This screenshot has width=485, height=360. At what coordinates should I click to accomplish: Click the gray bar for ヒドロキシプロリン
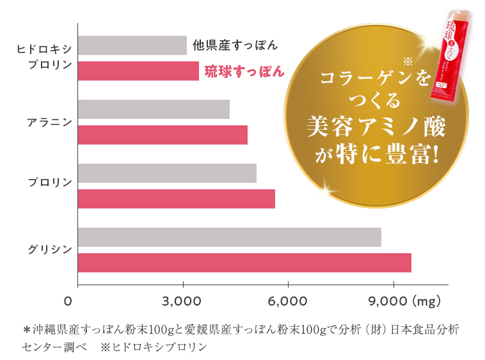tap(132, 45)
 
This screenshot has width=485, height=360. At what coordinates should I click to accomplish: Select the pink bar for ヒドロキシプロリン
tap(138, 71)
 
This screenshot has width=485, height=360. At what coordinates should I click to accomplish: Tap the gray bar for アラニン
tap(154, 109)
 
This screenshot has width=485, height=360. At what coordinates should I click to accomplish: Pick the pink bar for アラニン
tap(163, 135)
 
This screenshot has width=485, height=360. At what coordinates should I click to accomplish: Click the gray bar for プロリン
tap(167, 173)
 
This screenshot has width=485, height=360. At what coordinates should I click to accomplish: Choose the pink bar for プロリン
tap(176, 199)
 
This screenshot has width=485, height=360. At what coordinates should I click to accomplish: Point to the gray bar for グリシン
tap(229, 237)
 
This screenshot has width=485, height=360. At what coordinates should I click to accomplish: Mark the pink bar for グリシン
tap(244, 263)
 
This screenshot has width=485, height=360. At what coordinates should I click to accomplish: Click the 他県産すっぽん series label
tap(235, 45)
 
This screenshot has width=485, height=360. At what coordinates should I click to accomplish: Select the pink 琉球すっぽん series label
tap(244, 72)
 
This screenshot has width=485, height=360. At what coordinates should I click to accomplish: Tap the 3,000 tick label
tap(183, 301)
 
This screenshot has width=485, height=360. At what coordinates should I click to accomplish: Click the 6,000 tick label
tap(289, 301)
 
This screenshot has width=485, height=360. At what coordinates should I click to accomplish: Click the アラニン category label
tap(49, 121)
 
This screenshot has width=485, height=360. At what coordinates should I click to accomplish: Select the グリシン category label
tap(49, 249)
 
